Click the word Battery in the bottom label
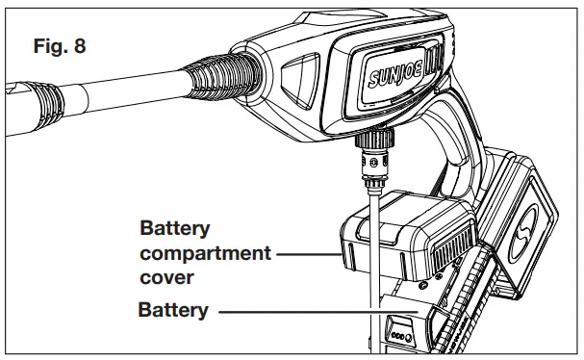pyautogui.click(x=173, y=310)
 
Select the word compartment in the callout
pyautogui.click(x=204, y=255)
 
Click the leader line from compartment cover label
pyautogui.click(x=308, y=256)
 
